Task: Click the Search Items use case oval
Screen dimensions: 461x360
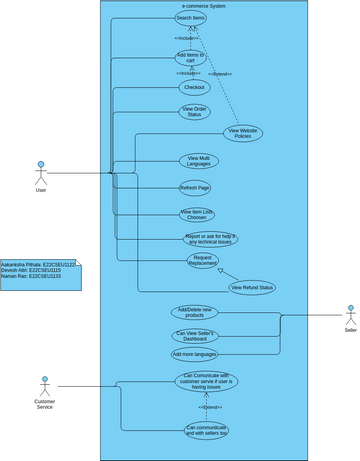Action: click(190, 18)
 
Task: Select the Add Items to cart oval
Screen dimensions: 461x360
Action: click(190, 57)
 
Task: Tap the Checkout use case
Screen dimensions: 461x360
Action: click(193, 87)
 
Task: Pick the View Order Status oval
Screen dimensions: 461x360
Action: click(195, 111)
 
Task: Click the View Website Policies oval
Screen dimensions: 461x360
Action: click(243, 133)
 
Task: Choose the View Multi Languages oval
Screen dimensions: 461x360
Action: click(198, 160)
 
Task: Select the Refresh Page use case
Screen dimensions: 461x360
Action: click(195, 187)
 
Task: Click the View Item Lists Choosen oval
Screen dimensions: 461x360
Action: click(197, 213)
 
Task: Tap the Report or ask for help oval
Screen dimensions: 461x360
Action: click(211, 238)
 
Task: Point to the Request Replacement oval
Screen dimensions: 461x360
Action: click(204, 261)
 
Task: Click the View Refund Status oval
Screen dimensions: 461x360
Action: click(251, 288)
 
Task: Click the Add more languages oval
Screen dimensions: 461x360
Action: click(195, 354)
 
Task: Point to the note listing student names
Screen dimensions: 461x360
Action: click(39, 271)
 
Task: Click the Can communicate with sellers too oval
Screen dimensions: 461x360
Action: click(207, 430)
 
